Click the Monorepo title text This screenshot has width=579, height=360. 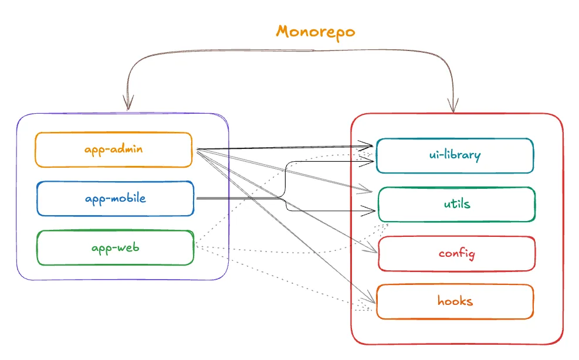click(316, 31)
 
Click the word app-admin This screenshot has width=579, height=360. click(114, 149)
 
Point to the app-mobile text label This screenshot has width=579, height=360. click(115, 199)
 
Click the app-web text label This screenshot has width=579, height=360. click(115, 247)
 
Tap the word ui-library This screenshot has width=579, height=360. click(455, 155)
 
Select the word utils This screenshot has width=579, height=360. click(456, 204)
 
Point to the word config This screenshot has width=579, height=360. click(456, 253)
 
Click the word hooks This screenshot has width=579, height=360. click(455, 301)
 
